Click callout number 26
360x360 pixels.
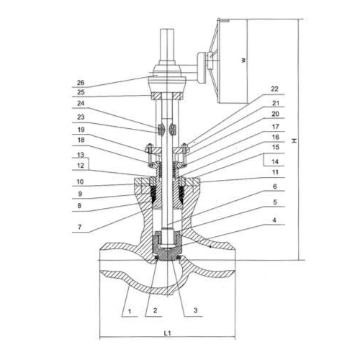click(x=81, y=83)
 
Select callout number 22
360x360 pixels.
click(x=275, y=89)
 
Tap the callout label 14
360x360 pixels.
click(x=275, y=161)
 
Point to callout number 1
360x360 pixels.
click(x=130, y=312)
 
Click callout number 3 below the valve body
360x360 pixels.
click(x=196, y=310)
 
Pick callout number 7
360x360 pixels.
click(x=80, y=227)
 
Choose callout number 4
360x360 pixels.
click(x=275, y=220)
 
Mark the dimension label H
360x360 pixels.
click(x=294, y=140)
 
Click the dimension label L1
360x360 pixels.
click(x=167, y=333)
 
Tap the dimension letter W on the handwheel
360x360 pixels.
click(x=244, y=60)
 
